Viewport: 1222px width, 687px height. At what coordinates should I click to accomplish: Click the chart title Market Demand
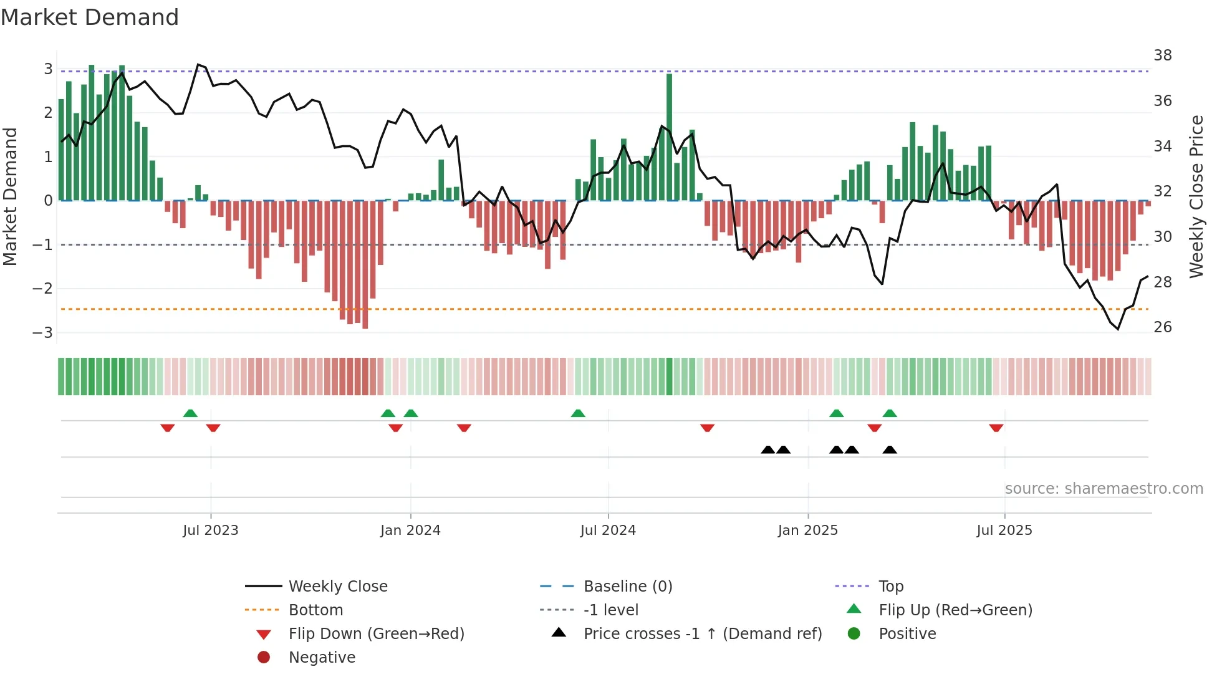(x=90, y=17)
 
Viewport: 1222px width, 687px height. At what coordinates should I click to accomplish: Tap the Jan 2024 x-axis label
(x=410, y=531)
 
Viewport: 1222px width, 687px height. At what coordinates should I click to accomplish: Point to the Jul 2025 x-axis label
(x=1004, y=531)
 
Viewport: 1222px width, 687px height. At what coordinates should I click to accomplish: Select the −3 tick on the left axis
(x=43, y=332)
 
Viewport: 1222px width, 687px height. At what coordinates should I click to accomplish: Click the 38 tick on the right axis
(x=1163, y=55)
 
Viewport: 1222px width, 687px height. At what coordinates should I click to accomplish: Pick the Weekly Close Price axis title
(x=1196, y=196)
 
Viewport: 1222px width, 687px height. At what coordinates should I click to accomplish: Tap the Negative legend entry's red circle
(x=264, y=658)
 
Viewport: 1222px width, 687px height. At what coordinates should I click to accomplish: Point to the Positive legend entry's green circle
(x=854, y=634)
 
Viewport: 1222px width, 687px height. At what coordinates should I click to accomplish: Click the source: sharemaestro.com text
(x=1104, y=489)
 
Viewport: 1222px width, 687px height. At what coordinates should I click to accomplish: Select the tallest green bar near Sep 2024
(x=670, y=137)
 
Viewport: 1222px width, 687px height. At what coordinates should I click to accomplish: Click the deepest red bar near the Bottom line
(x=365, y=265)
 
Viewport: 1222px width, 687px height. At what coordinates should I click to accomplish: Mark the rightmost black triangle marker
(x=890, y=449)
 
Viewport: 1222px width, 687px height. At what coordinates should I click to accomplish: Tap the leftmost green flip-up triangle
(x=190, y=413)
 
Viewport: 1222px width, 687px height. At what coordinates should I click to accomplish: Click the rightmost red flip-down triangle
(x=996, y=428)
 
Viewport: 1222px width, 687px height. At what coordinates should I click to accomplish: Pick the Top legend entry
(x=890, y=587)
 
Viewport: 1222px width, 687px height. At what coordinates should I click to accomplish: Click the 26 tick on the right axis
(x=1163, y=327)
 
